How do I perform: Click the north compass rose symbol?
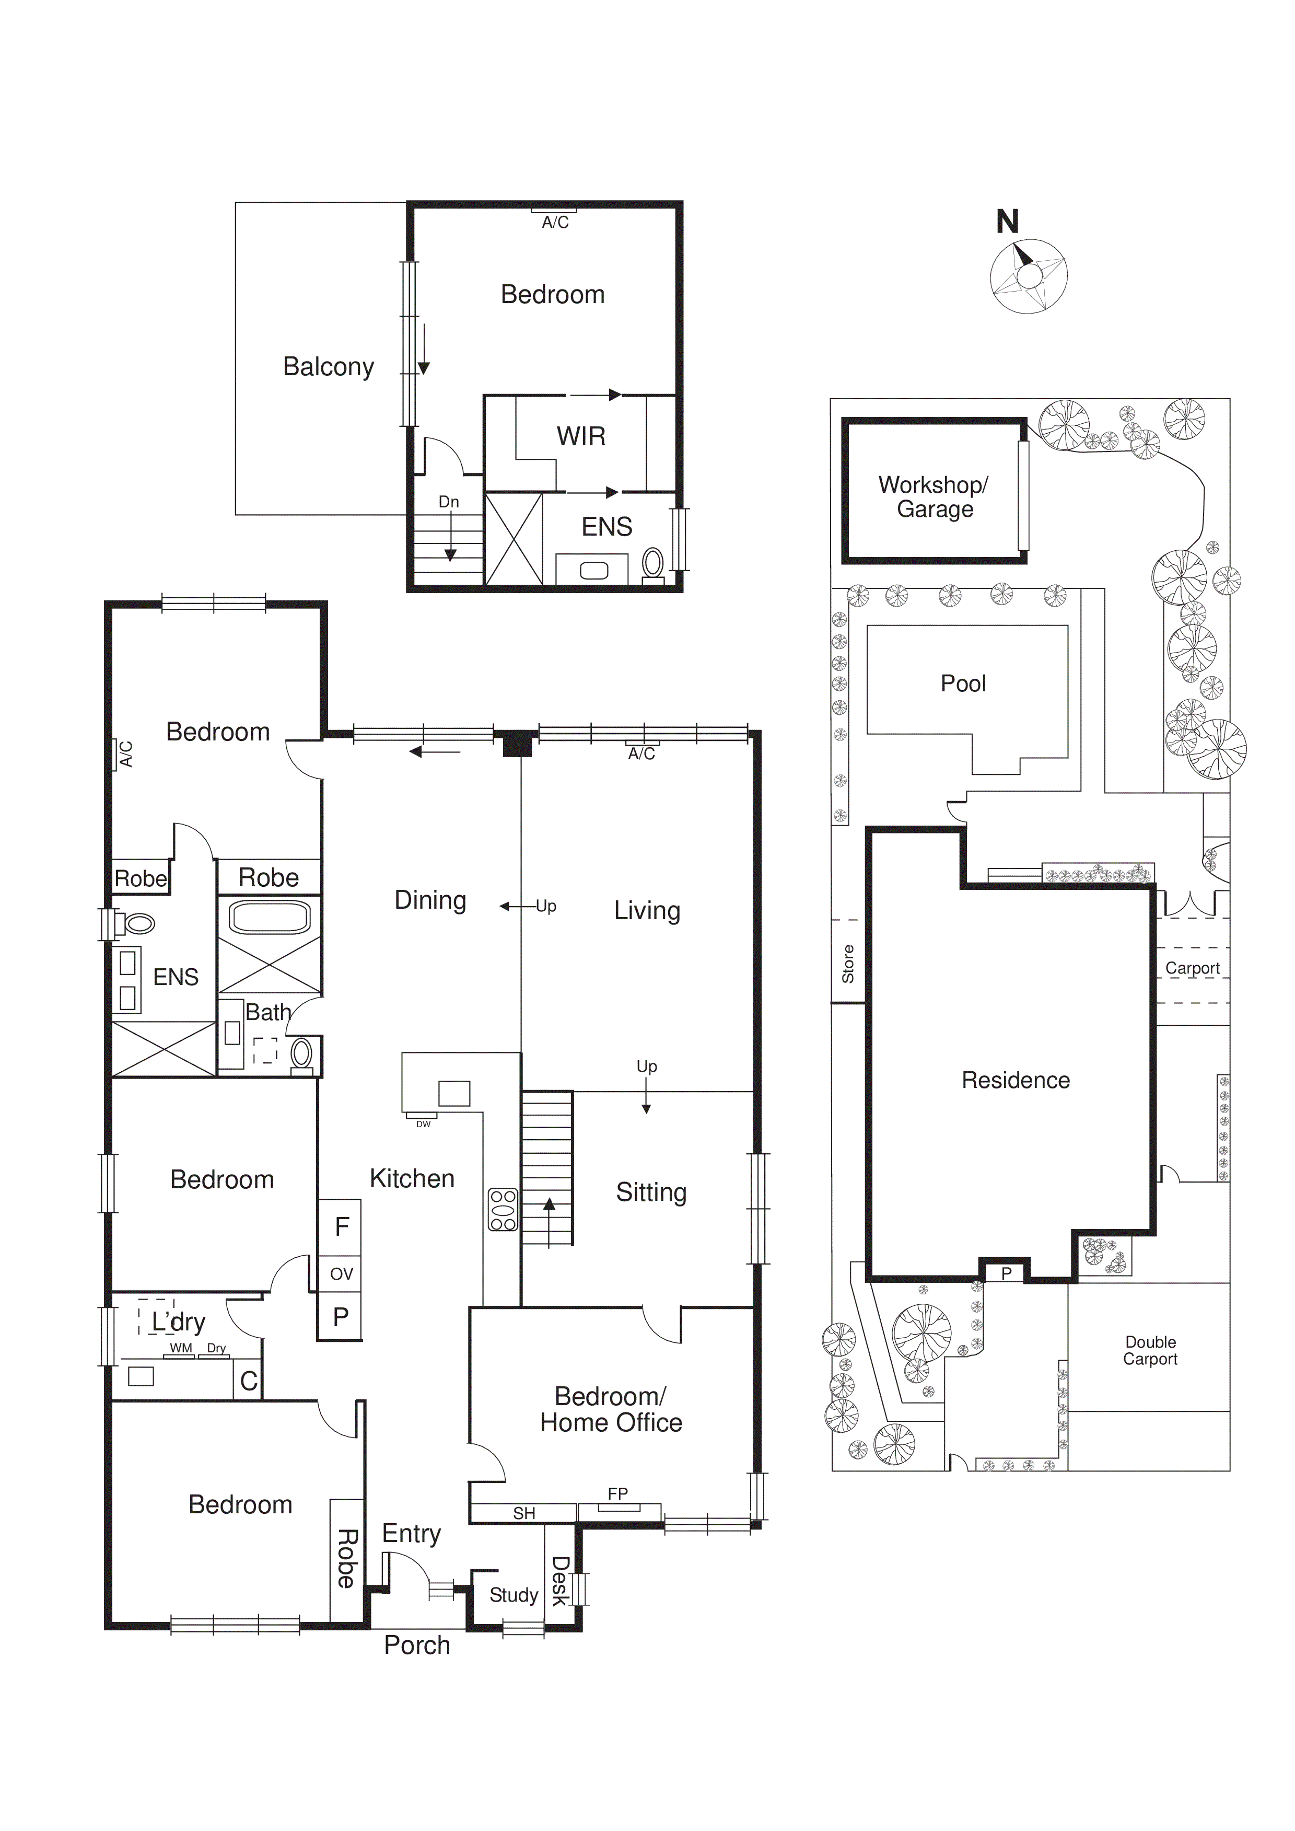click(x=1029, y=276)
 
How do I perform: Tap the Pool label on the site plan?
click(x=963, y=683)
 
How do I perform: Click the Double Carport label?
click(x=1150, y=1350)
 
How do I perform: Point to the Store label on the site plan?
click(x=848, y=964)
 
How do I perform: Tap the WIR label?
click(x=580, y=436)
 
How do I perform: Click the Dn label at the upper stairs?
click(x=449, y=502)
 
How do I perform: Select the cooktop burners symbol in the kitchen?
click(x=503, y=1210)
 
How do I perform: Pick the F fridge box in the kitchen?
click(x=341, y=1226)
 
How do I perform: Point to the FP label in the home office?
click(x=618, y=1493)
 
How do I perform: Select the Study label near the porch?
click(x=514, y=1595)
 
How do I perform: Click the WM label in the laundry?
click(x=181, y=1348)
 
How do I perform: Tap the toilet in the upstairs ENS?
click(x=653, y=563)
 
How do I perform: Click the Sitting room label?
click(x=651, y=1192)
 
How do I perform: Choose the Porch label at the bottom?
click(x=417, y=1645)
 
